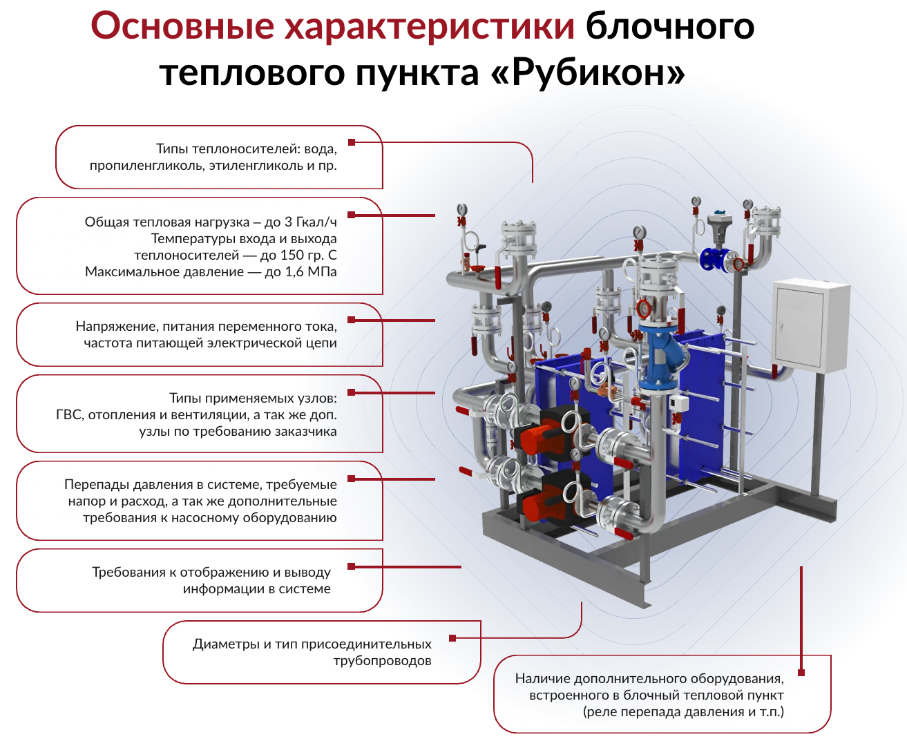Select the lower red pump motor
pyautogui.click(x=540, y=504)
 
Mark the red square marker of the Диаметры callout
pyautogui.click(x=452, y=638)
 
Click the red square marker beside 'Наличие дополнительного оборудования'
pyautogui.click(x=801, y=672)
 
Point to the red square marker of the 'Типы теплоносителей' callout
pyautogui.click(x=352, y=142)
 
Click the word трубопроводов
pyautogui.click(x=382, y=661)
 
